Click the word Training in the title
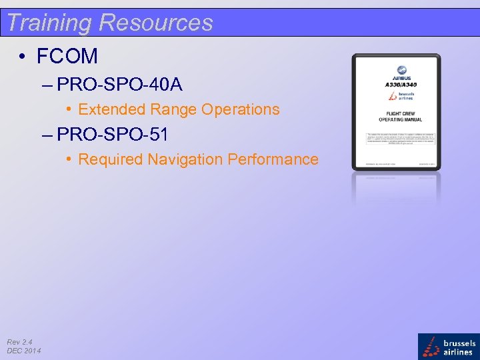point(49,22)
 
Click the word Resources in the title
point(156,22)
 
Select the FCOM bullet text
point(67,56)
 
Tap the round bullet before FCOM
point(23,57)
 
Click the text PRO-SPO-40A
point(120,85)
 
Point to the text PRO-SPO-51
point(112,135)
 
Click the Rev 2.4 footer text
point(19,342)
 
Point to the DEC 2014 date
point(23,351)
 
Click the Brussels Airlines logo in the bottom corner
point(448,347)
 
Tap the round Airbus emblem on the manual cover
point(402,70)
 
